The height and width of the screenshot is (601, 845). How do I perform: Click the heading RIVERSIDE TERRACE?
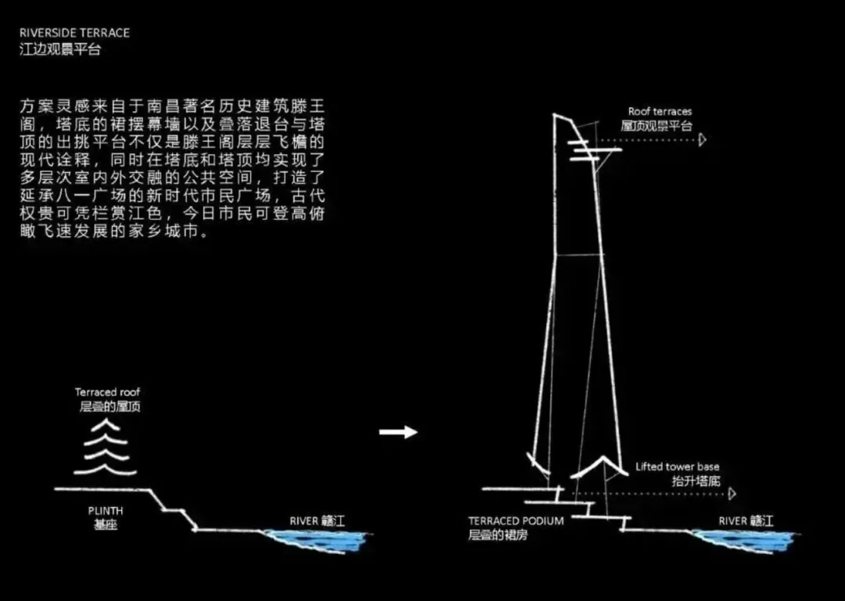(74, 34)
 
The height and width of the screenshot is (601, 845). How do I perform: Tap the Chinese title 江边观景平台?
(60, 49)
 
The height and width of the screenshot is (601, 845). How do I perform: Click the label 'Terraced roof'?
(108, 392)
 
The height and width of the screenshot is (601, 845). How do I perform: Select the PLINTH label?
(106, 511)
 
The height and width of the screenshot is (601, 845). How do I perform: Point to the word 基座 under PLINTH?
(106, 525)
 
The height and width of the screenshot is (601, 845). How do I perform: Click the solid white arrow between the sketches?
(398, 432)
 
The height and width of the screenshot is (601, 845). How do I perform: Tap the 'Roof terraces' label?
(660, 112)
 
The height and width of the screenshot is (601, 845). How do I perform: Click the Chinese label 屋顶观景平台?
(657, 125)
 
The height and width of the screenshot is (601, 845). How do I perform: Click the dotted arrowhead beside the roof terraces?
(703, 139)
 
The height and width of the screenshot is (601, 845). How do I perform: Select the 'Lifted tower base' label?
(677, 467)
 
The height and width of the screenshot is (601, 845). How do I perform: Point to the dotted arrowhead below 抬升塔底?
(732, 495)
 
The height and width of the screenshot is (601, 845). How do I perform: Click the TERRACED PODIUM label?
(516, 521)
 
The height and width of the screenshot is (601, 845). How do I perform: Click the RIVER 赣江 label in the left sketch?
(317, 521)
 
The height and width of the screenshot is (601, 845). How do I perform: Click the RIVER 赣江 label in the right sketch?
(746, 521)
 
